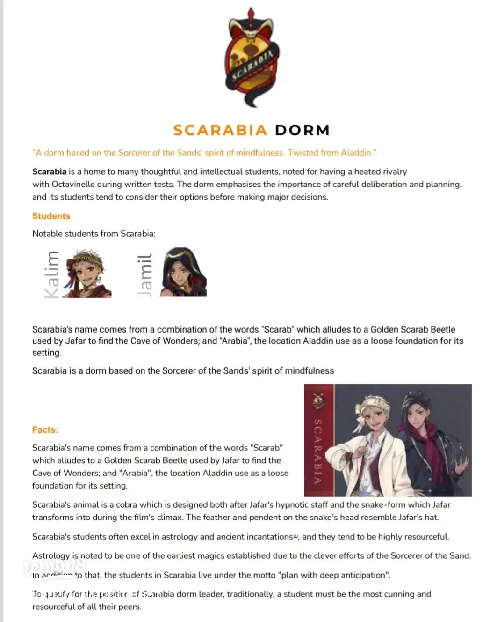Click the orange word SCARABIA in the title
(x=220, y=130)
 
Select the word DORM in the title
(x=302, y=130)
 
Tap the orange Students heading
(x=51, y=216)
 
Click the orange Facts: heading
(x=45, y=429)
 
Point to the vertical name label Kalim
(x=51, y=274)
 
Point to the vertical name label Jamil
(x=145, y=274)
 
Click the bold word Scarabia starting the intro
(x=49, y=171)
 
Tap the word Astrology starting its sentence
(x=51, y=555)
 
